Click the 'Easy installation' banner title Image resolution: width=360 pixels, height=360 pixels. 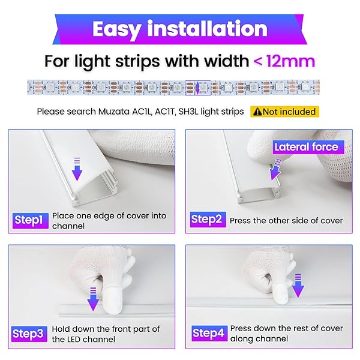tap(180, 29)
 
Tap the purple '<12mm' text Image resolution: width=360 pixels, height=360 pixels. tap(284, 61)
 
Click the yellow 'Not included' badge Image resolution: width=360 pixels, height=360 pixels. tap(284, 112)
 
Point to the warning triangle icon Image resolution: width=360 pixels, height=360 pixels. tap(257, 112)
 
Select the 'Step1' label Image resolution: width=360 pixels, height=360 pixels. tap(31, 220)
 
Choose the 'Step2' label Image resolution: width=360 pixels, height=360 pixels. tap(208, 220)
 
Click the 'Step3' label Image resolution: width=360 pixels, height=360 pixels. tap(29, 334)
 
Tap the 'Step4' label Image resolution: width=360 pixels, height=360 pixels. tap(209, 333)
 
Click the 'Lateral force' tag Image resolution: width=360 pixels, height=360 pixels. tap(308, 147)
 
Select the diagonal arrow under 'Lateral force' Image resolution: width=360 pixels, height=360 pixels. tap(275, 169)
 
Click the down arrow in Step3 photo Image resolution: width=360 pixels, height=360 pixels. tap(93, 299)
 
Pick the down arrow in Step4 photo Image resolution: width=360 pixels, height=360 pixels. tap(298, 286)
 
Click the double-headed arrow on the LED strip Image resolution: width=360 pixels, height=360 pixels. tap(197, 88)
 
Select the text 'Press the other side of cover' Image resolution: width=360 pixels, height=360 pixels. tap(286, 221)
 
